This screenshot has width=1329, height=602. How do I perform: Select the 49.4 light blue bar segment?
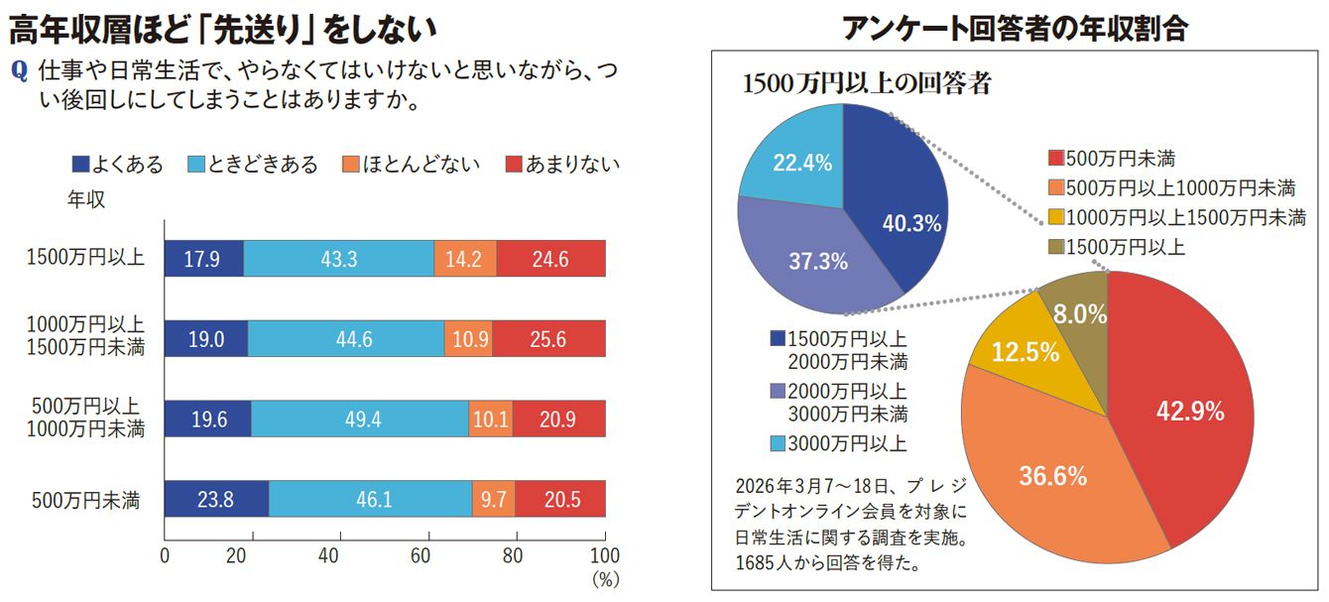(x=358, y=420)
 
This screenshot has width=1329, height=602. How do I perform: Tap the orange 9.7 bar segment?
(x=494, y=500)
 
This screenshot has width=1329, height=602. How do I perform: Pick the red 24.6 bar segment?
(x=550, y=259)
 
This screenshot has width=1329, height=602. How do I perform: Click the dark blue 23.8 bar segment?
(x=215, y=500)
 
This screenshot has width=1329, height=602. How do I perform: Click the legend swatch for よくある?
(x=80, y=165)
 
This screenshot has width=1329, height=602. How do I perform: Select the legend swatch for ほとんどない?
(x=349, y=165)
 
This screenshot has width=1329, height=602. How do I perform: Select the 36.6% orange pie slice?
(x=1051, y=476)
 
